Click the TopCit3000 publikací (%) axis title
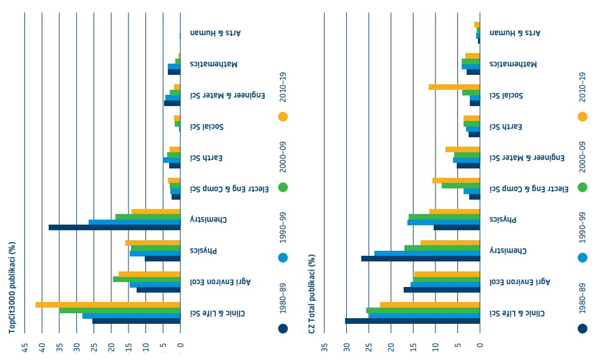(x=12, y=288)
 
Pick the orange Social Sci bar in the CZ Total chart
(x=454, y=87)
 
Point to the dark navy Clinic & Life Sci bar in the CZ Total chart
(x=412, y=321)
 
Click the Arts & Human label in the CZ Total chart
(x=515, y=32)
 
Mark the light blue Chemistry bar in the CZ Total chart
(x=427, y=253)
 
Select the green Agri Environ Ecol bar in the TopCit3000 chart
(x=146, y=280)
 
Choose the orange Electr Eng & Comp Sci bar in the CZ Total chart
(x=455, y=181)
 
